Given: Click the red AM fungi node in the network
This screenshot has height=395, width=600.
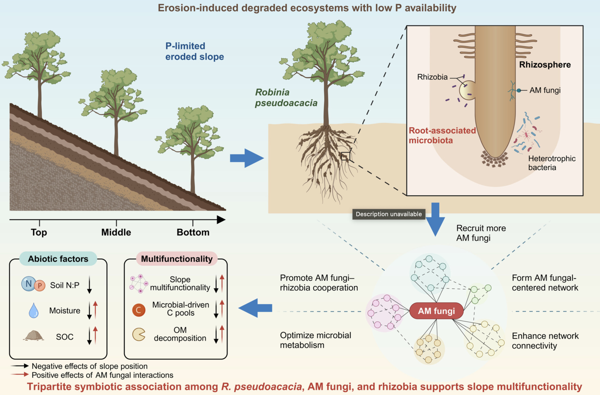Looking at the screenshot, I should (x=436, y=311).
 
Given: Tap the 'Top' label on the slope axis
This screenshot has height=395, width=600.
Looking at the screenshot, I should (x=39, y=232).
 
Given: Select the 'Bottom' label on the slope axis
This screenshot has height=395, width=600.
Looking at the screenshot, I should (x=193, y=232).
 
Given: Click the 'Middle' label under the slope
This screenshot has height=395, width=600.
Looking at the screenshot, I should (x=116, y=232).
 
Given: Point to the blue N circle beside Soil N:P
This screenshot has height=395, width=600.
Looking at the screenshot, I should (x=28, y=284).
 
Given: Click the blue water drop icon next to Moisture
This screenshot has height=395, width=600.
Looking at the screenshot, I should (x=34, y=310).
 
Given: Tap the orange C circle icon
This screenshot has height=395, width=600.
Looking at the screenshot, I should (x=139, y=310).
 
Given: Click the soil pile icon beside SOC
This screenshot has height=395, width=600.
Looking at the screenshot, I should (x=33, y=336).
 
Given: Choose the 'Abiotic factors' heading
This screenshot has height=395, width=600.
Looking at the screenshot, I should (x=58, y=259).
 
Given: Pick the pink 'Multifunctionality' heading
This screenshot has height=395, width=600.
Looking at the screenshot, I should (x=177, y=259).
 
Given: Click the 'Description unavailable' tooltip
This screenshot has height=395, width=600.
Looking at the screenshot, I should (x=388, y=214).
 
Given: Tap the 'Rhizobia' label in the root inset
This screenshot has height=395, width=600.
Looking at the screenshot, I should (x=432, y=77).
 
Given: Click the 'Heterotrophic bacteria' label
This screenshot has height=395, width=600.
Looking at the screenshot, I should (x=551, y=163).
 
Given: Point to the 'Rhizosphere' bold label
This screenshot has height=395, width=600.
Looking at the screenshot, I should (x=545, y=65).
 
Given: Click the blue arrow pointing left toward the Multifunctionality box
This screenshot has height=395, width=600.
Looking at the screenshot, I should (x=255, y=308).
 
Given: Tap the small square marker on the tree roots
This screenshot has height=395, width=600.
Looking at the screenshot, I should (x=345, y=156).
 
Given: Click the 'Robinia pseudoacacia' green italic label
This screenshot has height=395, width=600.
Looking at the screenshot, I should (x=286, y=98).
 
